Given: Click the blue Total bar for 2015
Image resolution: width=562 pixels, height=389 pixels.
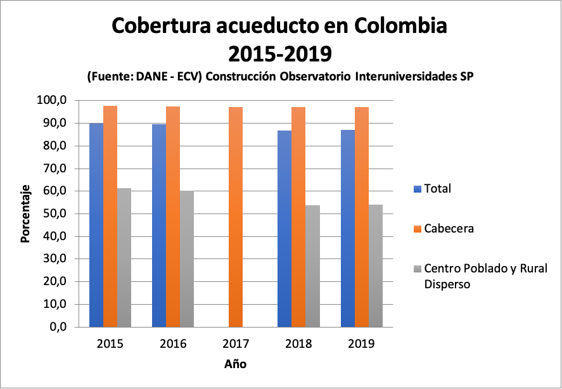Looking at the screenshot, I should (96, 225).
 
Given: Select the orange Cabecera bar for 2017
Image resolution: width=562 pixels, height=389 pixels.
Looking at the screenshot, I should (236, 217).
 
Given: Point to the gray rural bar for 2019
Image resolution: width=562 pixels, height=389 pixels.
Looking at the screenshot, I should (375, 265).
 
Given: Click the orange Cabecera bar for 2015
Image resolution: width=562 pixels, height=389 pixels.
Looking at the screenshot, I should (110, 216).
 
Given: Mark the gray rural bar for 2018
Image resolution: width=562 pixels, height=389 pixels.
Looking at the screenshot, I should (312, 266).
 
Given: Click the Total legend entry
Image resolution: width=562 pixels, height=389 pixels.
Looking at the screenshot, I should (437, 189).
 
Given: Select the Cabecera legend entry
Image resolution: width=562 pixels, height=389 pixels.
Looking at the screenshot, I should (449, 228).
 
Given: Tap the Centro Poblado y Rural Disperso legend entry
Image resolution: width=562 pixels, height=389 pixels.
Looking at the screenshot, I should (485, 276).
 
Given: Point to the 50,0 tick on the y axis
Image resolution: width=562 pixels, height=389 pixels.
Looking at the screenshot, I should (54, 214).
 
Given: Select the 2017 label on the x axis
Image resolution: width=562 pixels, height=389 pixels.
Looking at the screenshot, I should (236, 345).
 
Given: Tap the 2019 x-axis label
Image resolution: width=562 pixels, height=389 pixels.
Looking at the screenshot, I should (361, 345).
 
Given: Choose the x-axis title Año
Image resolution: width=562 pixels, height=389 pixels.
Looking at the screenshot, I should (235, 364).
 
